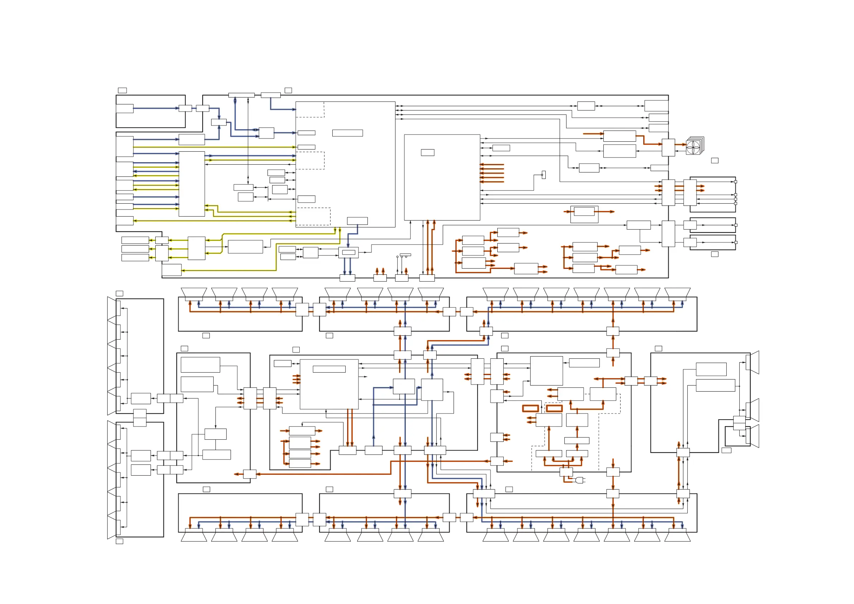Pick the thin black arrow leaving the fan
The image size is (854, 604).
tap(681, 151)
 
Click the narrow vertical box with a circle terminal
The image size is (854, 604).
tap(544, 175)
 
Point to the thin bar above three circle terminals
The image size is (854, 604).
tap(405, 255)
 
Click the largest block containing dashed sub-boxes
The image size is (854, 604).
tap(345, 164)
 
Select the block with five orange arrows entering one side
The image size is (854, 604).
tap(442, 177)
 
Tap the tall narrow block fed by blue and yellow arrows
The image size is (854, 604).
tap(191, 184)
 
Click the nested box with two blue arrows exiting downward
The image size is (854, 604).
tap(348, 252)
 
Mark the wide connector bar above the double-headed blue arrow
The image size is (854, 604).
tap(241, 95)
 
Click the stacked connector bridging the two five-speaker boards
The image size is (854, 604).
tap(139, 417)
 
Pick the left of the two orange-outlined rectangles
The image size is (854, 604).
tap(530, 408)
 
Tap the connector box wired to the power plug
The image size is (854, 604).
tap(566, 472)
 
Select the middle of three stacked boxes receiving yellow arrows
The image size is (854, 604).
tap(135, 249)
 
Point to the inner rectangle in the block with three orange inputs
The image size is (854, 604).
tap(329, 369)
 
